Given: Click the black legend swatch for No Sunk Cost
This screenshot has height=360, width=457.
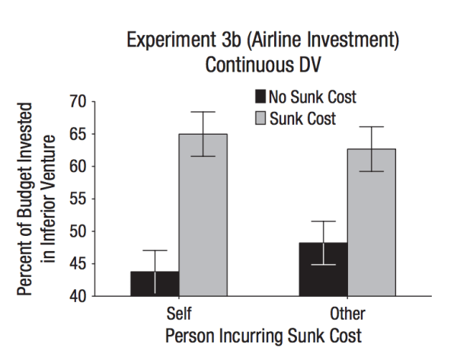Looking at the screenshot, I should [x=260, y=97].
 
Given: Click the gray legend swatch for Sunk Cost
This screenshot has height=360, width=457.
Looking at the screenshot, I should [x=260, y=118].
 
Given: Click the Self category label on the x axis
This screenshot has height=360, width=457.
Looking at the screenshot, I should [x=178, y=314].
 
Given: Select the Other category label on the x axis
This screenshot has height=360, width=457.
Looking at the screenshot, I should [x=347, y=314].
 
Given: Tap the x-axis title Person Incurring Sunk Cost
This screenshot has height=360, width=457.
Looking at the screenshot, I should [x=263, y=336].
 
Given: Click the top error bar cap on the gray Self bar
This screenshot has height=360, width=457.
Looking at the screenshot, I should [x=203, y=112].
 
